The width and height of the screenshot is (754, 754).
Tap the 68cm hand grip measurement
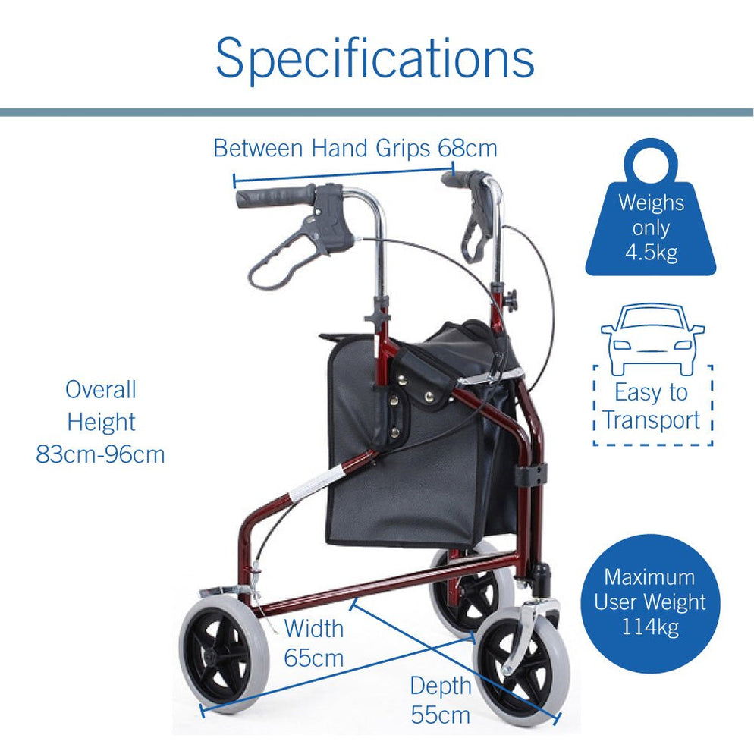click(x=467, y=147)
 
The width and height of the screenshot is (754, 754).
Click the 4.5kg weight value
click(x=651, y=253)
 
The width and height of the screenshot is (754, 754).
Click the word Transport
click(x=652, y=419)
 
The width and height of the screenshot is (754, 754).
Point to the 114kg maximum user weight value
click(x=650, y=627)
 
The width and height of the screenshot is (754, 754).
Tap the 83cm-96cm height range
click(x=100, y=454)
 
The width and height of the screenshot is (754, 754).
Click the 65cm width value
click(x=314, y=657)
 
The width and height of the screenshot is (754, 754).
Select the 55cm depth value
click(x=441, y=714)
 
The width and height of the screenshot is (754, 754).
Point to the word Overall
click(x=100, y=390)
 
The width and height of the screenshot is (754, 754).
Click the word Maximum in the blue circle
click(x=649, y=576)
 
